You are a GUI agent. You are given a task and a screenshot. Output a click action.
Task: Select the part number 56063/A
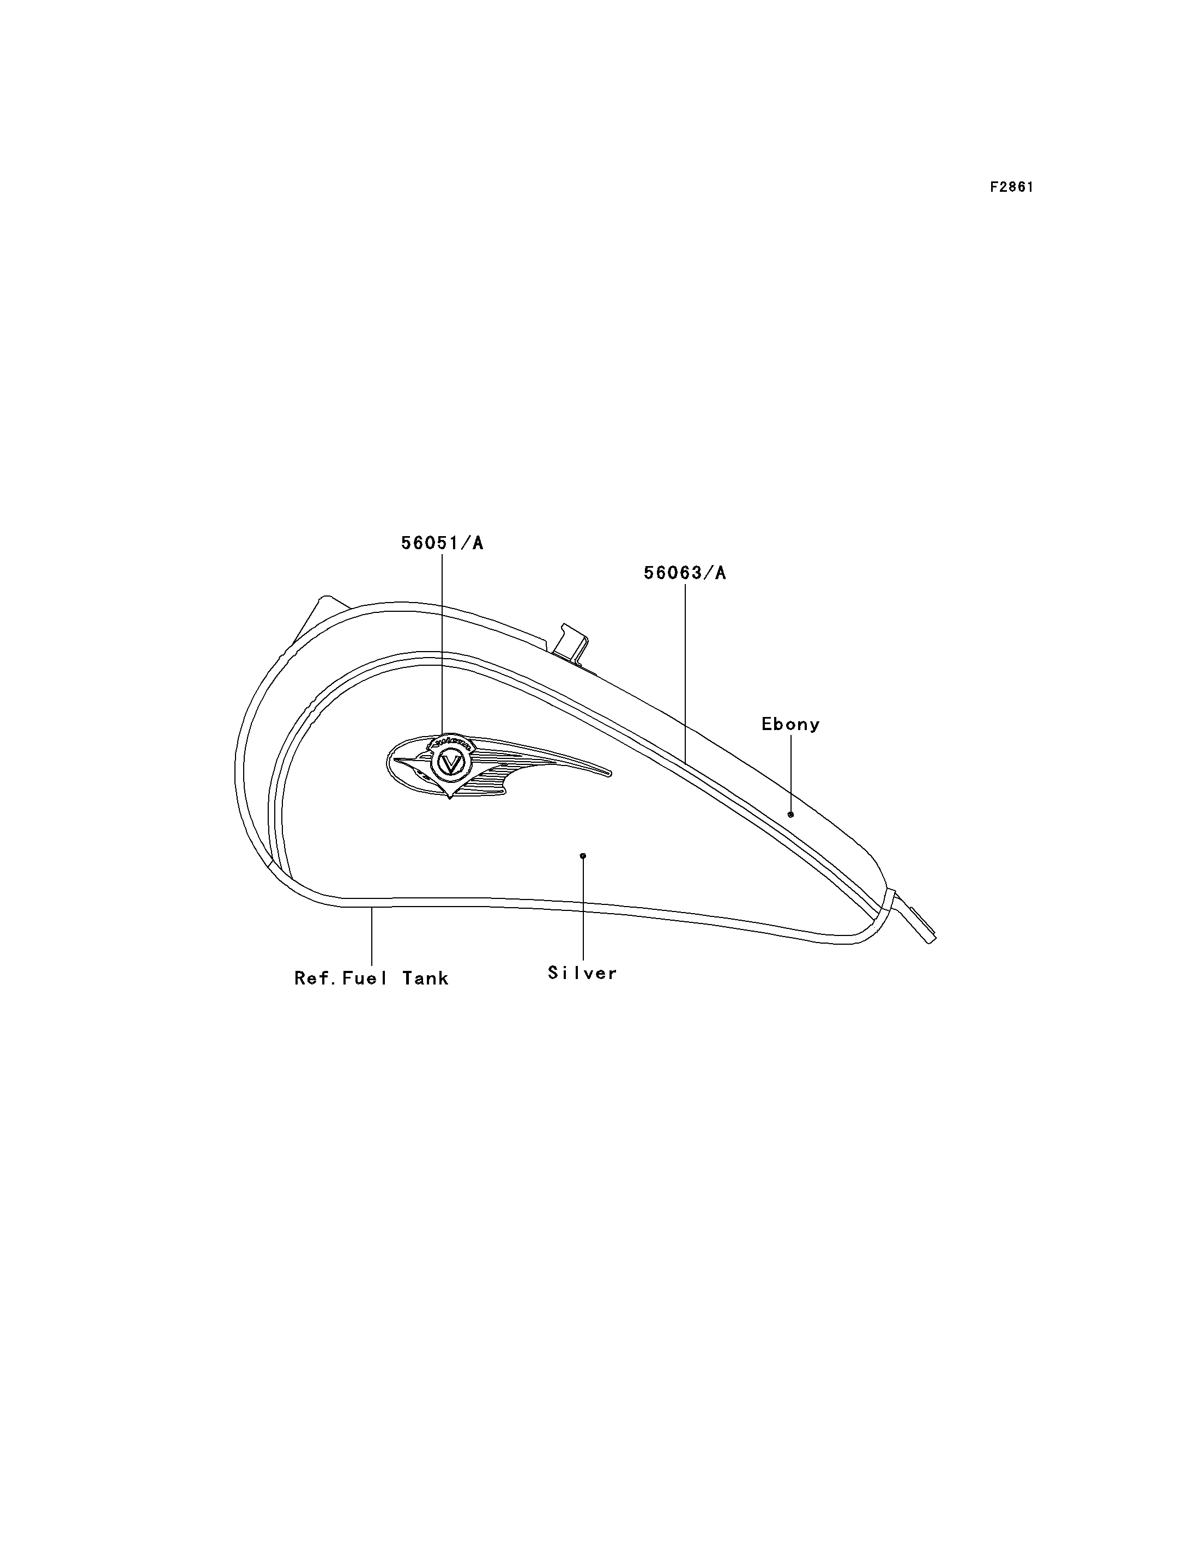tap(685, 573)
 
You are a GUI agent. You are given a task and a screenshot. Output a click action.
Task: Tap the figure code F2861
tap(1011, 187)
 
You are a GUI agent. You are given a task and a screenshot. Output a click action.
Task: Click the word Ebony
tap(790, 725)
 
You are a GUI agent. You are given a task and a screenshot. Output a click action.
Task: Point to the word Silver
tap(583, 973)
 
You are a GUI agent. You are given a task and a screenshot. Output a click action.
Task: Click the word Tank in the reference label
tap(425, 979)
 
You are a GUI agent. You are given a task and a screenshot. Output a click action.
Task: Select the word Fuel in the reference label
tap(365, 979)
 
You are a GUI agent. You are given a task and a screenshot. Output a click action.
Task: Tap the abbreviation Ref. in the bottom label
tap(316, 979)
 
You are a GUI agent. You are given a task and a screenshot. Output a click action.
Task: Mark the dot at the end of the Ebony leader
tap(790, 814)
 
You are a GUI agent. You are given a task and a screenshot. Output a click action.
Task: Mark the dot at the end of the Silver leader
tap(583, 855)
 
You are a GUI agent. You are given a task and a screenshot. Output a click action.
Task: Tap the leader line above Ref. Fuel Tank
tap(372, 937)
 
